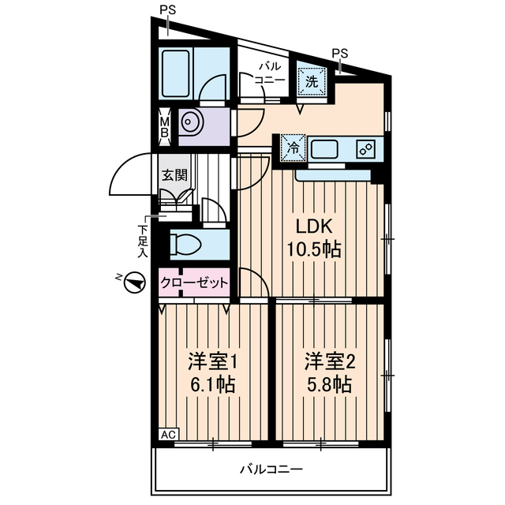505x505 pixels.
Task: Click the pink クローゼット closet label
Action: click(x=194, y=282)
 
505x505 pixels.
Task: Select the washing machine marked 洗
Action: click(x=311, y=80)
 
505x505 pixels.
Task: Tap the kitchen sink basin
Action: click(x=325, y=148)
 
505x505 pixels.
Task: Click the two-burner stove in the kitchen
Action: click(x=365, y=148)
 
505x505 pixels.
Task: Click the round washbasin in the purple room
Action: click(x=191, y=122)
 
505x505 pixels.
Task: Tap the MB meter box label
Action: click(x=165, y=126)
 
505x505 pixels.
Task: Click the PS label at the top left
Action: click(x=166, y=10)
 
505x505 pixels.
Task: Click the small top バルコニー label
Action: click(x=269, y=73)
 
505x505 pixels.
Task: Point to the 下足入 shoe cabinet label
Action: click(x=143, y=241)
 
